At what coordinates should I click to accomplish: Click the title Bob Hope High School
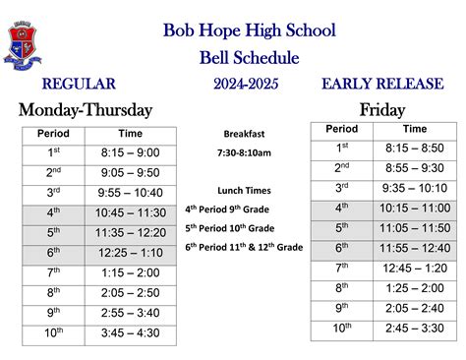click(x=249, y=30)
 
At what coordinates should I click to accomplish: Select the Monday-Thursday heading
click(x=86, y=109)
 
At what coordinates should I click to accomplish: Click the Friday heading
click(x=382, y=109)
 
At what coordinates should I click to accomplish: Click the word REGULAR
click(x=79, y=85)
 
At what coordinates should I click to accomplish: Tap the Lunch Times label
click(x=246, y=190)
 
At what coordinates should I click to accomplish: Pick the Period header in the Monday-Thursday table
click(x=53, y=133)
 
